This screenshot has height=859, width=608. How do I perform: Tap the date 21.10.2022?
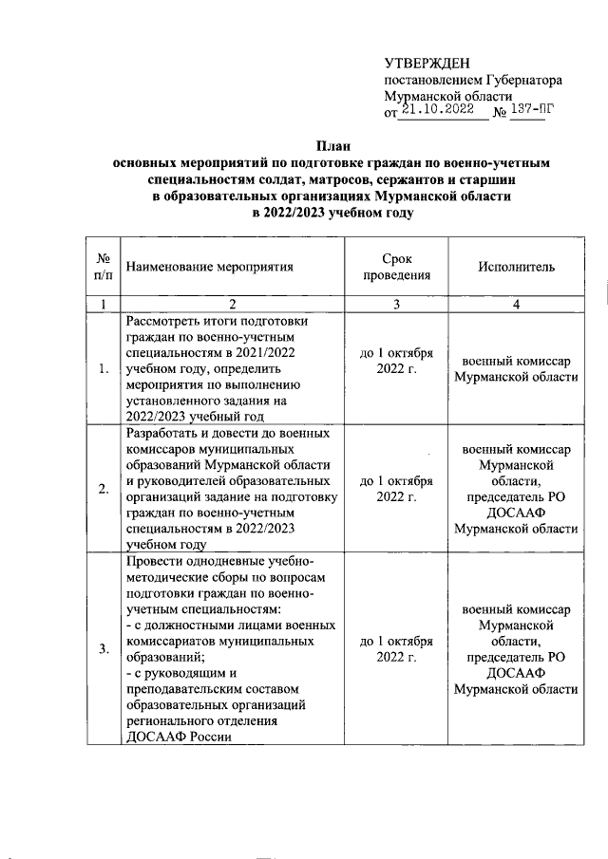[x=437, y=110]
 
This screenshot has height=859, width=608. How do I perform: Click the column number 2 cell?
[x=231, y=304]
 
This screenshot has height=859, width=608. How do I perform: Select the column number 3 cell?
[x=397, y=304]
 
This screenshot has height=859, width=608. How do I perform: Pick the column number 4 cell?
[x=516, y=304]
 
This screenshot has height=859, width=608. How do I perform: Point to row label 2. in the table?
[x=103, y=489]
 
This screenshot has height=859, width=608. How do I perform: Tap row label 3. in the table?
[x=103, y=648]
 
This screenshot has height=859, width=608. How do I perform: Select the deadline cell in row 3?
[x=397, y=648]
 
